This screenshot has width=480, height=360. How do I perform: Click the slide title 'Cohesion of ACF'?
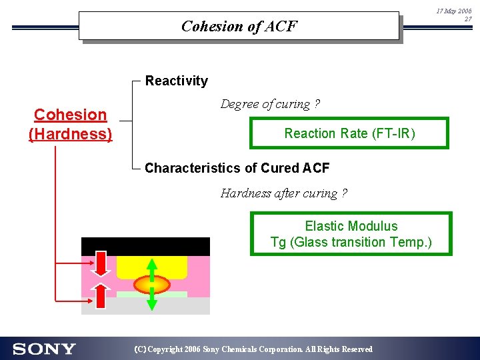tap(239, 27)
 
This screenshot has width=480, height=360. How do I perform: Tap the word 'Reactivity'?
tap(176, 81)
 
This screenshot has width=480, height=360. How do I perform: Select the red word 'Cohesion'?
tap(70, 115)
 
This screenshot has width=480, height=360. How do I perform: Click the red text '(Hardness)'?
tap(70, 134)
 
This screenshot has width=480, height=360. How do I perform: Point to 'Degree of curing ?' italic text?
tap(270, 105)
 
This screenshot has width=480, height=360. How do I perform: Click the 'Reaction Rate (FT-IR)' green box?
tap(349, 133)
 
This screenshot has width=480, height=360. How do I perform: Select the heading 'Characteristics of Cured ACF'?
tap(237, 168)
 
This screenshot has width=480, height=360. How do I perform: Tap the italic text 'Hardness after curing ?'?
tap(284, 194)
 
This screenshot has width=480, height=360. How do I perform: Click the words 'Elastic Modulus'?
tap(351, 227)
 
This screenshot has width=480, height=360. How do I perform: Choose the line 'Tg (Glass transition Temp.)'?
tap(351, 243)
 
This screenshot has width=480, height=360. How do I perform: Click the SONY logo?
tap(44, 349)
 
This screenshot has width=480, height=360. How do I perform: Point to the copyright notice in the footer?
tap(253, 349)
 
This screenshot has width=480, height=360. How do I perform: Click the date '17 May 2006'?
tap(453, 11)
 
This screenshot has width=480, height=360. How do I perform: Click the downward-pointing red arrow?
tap(101, 264)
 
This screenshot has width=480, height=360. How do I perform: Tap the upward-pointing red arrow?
tap(101, 295)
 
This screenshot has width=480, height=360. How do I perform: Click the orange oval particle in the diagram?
tap(151, 285)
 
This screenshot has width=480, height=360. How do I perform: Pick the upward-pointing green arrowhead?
tap(151, 263)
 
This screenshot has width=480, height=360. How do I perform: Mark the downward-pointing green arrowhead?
tap(151, 305)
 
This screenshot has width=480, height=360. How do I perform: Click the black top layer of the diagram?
tap(145, 245)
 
